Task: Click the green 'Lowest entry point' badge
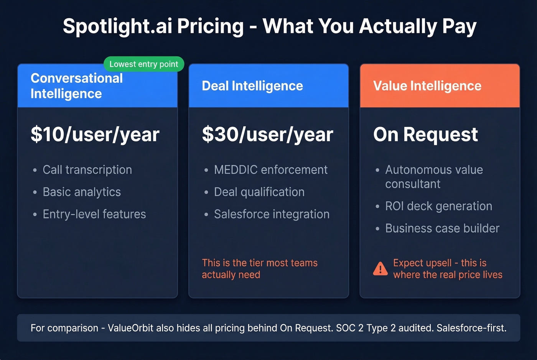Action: pyautogui.click(x=144, y=64)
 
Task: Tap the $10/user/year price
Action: pyautogui.click(x=95, y=134)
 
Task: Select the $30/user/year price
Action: pyautogui.click(x=267, y=134)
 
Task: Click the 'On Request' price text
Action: pyautogui.click(x=425, y=134)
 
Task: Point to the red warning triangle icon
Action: pyautogui.click(x=380, y=269)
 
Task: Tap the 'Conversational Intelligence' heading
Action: pyautogui.click(x=77, y=86)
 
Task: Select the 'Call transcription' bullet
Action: pyautogui.click(x=87, y=169)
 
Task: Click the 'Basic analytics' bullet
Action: pyautogui.click(x=82, y=192)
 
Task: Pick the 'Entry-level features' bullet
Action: pyautogui.click(x=94, y=214)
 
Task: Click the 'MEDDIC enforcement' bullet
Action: pyautogui.click(x=271, y=169)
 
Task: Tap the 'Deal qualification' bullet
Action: pyautogui.click(x=259, y=192)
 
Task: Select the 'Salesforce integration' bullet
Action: pyautogui.click(x=272, y=214)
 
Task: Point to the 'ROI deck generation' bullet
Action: pyautogui.click(x=438, y=206)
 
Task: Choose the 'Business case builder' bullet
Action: pyautogui.click(x=442, y=228)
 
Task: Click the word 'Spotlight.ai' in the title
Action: pyautogui.click(x=117, y=26)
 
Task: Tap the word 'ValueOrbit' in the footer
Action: pyautogui.click(x=130, y=328)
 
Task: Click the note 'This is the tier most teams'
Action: pyautogui.click(x=260, y=263)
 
